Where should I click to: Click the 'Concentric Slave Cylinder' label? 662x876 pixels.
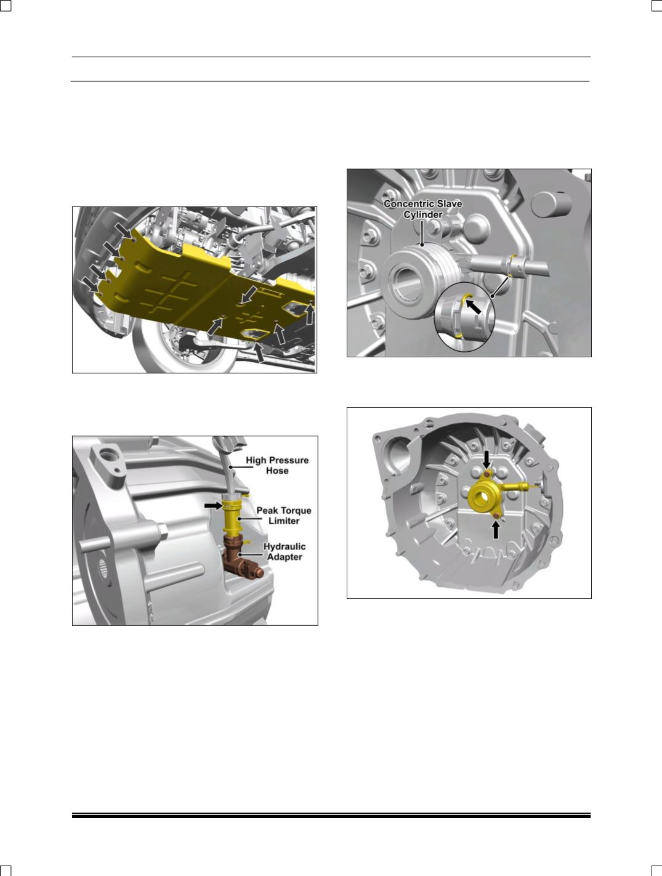coord(422,209)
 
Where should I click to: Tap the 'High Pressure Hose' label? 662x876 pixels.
coord(277,465)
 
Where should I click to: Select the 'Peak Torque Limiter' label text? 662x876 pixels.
coord(283,516)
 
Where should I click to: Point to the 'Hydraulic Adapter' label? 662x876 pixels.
coord(285,551)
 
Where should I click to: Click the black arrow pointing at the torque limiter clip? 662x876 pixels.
coord(213,506)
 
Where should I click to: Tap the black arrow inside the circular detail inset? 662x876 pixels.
coord(474,307)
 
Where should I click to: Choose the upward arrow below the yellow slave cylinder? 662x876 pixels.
coord(496,530)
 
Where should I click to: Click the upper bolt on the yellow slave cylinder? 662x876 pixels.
coord(487,474)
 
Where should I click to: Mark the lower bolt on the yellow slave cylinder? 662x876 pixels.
coord(496,516)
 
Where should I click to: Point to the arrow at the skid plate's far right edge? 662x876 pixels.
coord(310,314)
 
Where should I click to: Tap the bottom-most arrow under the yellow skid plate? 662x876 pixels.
coord(259,353)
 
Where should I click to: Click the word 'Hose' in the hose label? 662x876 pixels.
coord(277,471)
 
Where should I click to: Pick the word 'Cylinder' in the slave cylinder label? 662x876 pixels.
coord(422,215)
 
